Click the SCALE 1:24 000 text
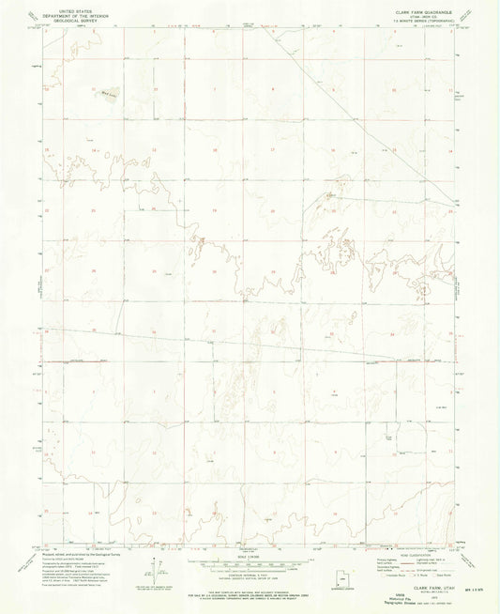[x=250, y=560]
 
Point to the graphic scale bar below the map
[x=250, y=567]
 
